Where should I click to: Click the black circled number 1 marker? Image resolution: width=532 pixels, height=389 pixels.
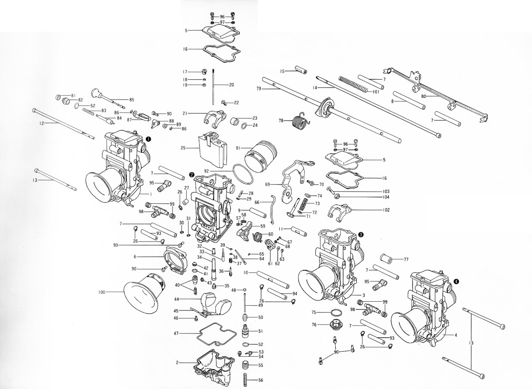point(149,139)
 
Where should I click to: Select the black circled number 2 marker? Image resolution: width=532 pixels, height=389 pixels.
point(191,175)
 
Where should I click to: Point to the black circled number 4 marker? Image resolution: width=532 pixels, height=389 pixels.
point(456,281)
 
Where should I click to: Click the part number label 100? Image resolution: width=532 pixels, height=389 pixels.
point(102,292)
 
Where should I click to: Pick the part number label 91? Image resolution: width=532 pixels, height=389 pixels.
point(239,148)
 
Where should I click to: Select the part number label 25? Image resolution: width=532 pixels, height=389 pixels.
point(183,148)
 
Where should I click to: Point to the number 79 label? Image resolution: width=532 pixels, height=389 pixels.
point(259,89)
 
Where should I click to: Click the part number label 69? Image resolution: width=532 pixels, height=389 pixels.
point(268,184)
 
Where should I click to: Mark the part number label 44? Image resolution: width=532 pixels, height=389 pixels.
point(176,300)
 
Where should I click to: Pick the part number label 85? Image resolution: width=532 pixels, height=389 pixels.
point(132,100)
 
